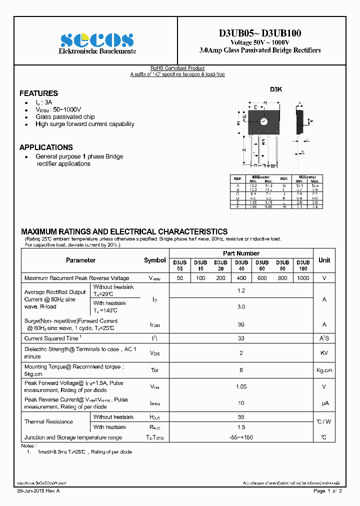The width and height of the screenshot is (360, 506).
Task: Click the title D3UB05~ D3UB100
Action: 259,33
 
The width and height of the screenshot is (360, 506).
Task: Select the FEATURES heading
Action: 38,93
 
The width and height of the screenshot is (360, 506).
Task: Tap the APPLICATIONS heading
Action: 46,147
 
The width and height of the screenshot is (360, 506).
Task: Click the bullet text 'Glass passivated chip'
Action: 65,117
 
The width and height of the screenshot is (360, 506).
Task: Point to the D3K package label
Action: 276,89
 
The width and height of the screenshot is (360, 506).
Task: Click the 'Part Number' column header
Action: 241,253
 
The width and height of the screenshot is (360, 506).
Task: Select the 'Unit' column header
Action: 324,260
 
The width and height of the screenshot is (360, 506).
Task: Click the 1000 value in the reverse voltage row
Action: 303,278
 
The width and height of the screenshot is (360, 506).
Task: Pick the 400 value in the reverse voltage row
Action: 241,278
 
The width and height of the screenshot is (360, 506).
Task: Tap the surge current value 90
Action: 241,324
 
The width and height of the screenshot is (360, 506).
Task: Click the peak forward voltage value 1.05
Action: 241,386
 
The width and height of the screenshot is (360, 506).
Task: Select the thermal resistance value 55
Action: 241,416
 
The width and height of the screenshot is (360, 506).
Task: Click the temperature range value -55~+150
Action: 241,437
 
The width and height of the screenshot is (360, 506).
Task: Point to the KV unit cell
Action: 324,353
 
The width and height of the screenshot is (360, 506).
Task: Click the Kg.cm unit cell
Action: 324,370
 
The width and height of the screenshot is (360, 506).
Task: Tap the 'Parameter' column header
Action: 80,260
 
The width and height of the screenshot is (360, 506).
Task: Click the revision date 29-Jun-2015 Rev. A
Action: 38,491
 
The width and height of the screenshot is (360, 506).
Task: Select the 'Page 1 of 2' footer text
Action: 327,491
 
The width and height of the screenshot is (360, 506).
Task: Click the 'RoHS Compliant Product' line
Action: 177,68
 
